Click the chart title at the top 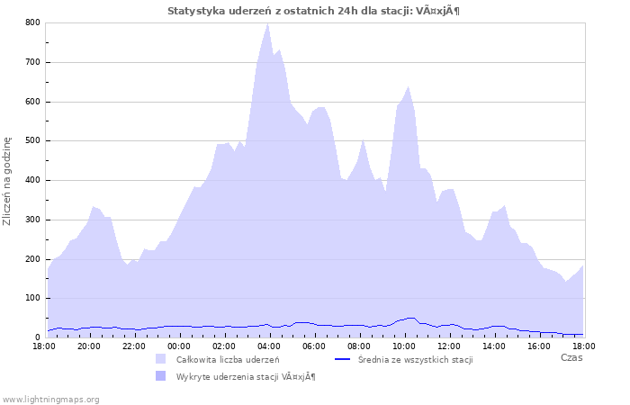(x=314, y=11)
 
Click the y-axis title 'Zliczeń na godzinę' (x=8, y=180)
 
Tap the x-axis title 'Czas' (x=571, y=357)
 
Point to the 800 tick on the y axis (x=32, y=22)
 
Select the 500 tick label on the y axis (x=32, y=140)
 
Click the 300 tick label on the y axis (x=32, y=220)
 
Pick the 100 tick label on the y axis (x=32, y=298)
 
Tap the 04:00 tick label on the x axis (x=268, y=346)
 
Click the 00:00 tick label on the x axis (x=178, y=346)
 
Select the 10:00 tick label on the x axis (x=403, y=346)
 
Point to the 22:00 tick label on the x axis (x=133, y=346)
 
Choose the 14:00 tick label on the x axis (x=493, y=346)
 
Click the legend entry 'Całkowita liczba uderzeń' (x=227, y=360)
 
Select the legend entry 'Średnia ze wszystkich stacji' (x=415, y=360)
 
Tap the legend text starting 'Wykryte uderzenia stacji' (x=245, y=376)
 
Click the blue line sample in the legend (x=342, y=359)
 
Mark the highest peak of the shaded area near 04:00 (x=267, y=23)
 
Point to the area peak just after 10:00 (x=409, y=87)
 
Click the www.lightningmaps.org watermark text (x=50, y=399)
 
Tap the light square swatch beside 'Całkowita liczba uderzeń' (x=161, y=359)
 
